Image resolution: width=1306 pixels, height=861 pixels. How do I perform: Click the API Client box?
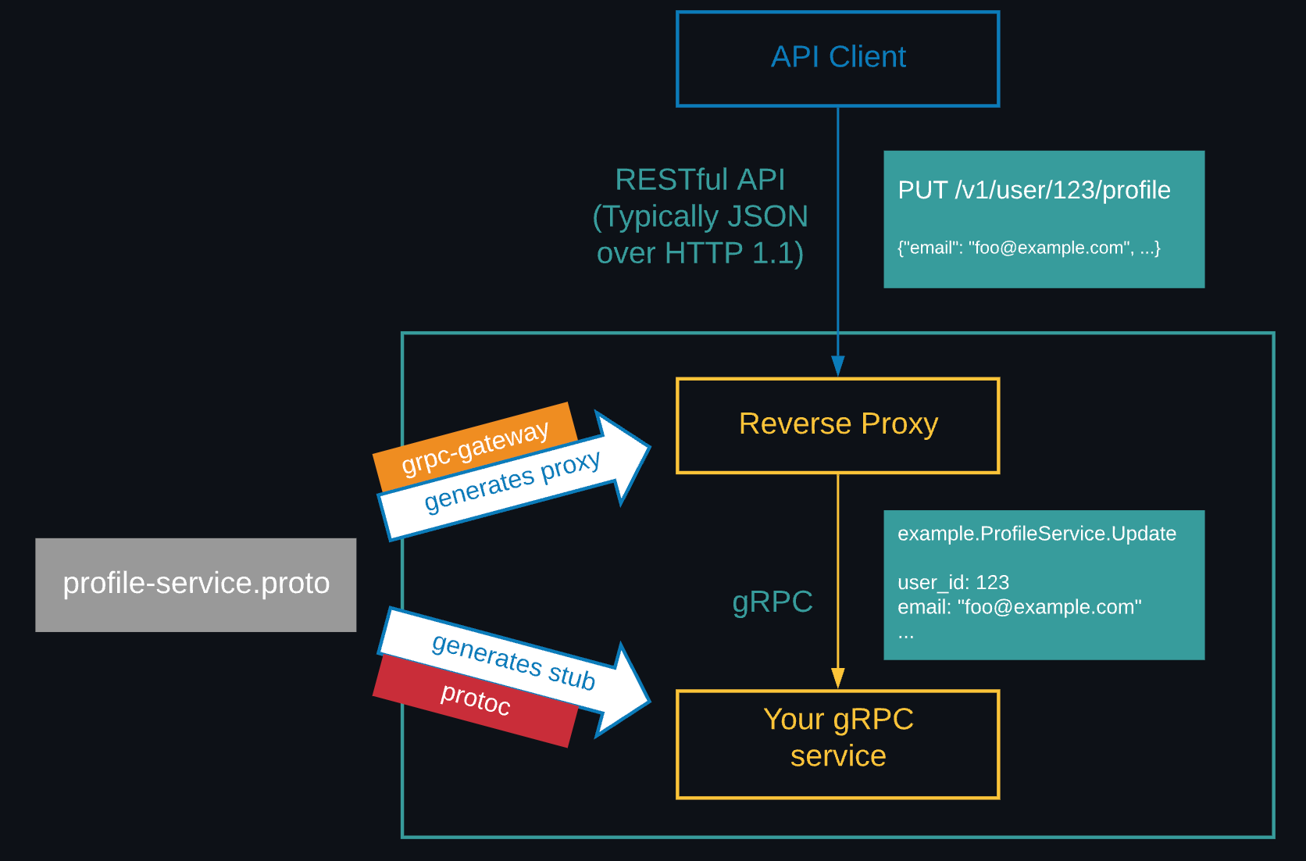[x=837, y=59]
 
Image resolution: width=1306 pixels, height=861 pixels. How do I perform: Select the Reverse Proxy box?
[x=837, y=426]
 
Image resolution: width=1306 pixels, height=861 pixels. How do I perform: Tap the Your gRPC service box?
[x=837, y=744]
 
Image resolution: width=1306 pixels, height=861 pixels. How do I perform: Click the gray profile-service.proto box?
[x=195, y=584]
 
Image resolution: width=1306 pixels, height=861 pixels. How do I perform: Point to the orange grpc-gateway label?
[x=475, y=448]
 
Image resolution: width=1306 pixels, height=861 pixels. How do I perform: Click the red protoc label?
[x=475, y=698]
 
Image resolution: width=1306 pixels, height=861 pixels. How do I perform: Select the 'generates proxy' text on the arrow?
[x=512, y=481]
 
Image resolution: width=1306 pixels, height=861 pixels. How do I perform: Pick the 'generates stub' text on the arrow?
[x=513, y=661]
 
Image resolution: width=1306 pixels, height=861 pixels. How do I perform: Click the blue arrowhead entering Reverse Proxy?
[x=837, y=366]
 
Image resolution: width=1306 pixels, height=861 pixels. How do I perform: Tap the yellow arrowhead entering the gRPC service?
[x=837, y=677]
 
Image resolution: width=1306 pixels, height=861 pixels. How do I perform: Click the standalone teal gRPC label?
[x=772, y=602]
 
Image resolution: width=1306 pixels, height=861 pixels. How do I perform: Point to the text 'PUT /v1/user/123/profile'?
[x=1033, y=190]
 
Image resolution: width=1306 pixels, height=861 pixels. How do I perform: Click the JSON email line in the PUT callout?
[x=1029, y=248]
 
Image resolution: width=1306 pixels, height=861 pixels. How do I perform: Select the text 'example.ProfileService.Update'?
[x=1037, y=534]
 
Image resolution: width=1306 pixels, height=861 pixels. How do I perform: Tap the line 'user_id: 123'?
[x=953, y=582]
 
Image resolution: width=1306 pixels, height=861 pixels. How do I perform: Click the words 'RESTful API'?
[x=700, y=180]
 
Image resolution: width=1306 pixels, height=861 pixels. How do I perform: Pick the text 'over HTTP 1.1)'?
[x=700, y=253]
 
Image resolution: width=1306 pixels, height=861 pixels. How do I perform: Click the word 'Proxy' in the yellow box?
[x=899, y=423]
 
